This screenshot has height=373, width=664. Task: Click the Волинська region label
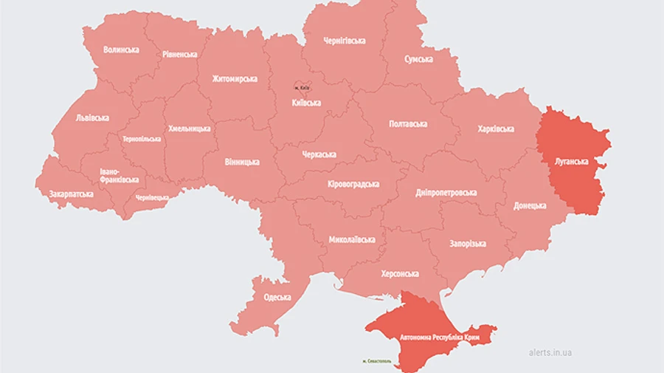click(121, 49)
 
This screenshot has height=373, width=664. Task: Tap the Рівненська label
click(179, 55)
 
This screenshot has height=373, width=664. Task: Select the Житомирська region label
click(235, 78)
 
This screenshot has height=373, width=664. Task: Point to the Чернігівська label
click(345, 41)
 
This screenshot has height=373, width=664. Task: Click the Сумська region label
click(418, 59)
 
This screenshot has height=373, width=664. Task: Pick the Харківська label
click(496, 129)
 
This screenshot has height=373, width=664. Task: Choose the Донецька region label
click(530, 205)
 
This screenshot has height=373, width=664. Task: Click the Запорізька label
click(468, 244)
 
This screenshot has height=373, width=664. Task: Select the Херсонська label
click(400, 273)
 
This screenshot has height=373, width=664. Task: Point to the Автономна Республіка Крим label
click(440, 337)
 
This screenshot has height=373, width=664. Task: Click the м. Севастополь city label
click(381, 361)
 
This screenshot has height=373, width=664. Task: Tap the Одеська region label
click(277, 298)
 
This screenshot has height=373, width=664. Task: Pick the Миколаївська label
click(352, 239)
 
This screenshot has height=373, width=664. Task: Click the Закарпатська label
click(71, 194)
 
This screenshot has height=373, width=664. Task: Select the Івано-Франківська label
click(119, 175)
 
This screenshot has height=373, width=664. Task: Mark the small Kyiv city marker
click(302, 88)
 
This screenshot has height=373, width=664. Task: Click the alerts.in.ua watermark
click(550, 352)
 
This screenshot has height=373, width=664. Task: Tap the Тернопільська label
click(142, 139)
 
